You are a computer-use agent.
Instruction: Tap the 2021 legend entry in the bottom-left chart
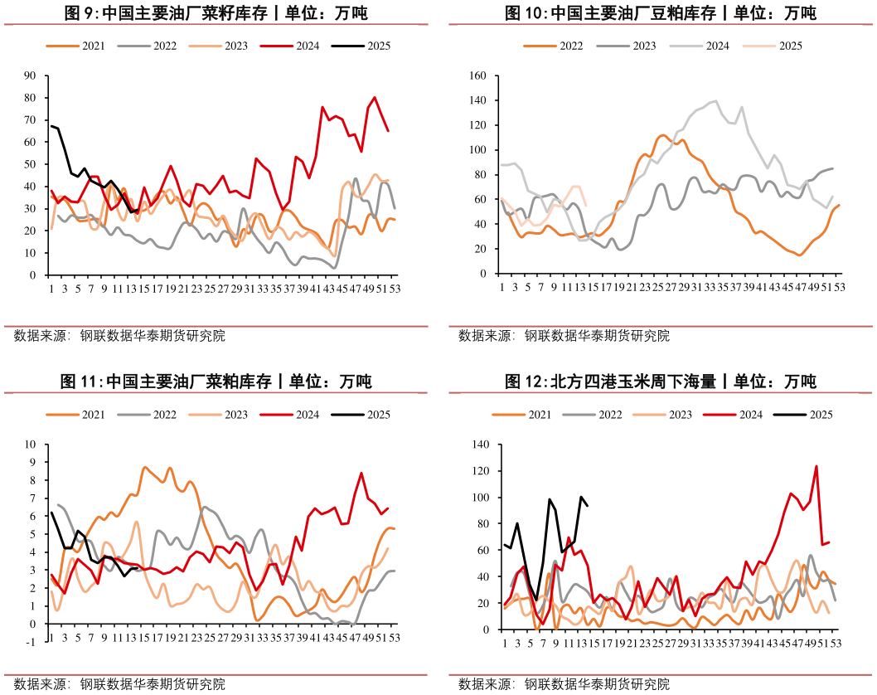click(x=93, y=415)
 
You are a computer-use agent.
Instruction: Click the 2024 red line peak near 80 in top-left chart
click(x=375, y=98)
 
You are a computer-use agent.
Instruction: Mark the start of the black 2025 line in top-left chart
click(x=51, y=126)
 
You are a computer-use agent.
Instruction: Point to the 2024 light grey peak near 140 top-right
click(x=715, y=101)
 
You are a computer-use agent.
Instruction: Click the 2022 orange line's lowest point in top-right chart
click(x=800, y=255)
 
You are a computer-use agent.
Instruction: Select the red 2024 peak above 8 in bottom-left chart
click(x=361, y=474)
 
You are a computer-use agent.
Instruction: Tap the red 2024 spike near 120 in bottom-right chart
click(x=816, y=466)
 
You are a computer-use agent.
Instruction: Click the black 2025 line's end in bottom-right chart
click(x=587, y=506)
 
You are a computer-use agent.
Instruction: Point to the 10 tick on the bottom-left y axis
click(x=31, y=445)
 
